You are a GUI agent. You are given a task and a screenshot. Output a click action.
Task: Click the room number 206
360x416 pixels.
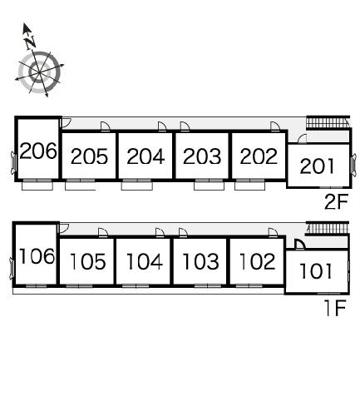pos(38,151)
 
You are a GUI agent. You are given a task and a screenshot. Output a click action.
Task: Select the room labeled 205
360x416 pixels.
pos(89,156)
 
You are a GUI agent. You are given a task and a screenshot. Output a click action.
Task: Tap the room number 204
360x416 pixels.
pos(145,156)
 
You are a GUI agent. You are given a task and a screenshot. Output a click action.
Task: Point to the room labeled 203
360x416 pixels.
pos(202,156)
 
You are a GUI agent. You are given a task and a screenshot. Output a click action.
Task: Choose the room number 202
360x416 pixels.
pos(259,156)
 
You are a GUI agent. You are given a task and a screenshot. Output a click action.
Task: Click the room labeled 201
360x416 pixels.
pos(317,166)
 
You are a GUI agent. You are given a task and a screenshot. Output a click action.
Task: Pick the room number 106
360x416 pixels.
pos(37,255)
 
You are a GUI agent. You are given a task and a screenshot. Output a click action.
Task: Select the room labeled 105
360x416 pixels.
pos(87,261)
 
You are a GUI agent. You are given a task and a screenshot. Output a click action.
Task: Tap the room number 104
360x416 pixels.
pos(144,261)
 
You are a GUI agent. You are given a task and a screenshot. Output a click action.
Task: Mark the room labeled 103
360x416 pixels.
pos(200,261)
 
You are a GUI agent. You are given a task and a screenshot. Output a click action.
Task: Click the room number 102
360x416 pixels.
pos(257,261)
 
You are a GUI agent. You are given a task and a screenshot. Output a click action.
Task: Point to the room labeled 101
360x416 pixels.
pos(316,271)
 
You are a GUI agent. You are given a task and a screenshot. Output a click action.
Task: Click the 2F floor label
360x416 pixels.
pos(336,202)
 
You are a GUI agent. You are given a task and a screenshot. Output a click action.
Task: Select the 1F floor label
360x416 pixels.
pos(335,308)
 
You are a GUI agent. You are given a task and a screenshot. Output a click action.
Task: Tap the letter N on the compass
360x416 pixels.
pos(30,43)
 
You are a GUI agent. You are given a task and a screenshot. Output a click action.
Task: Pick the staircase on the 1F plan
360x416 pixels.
pos(327,229)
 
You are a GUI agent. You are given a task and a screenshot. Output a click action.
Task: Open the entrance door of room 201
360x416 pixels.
pos(302,138)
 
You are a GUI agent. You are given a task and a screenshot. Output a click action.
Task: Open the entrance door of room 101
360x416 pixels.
pos(299,245)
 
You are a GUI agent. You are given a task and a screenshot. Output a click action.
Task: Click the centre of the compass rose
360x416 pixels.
pos(39,72)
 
